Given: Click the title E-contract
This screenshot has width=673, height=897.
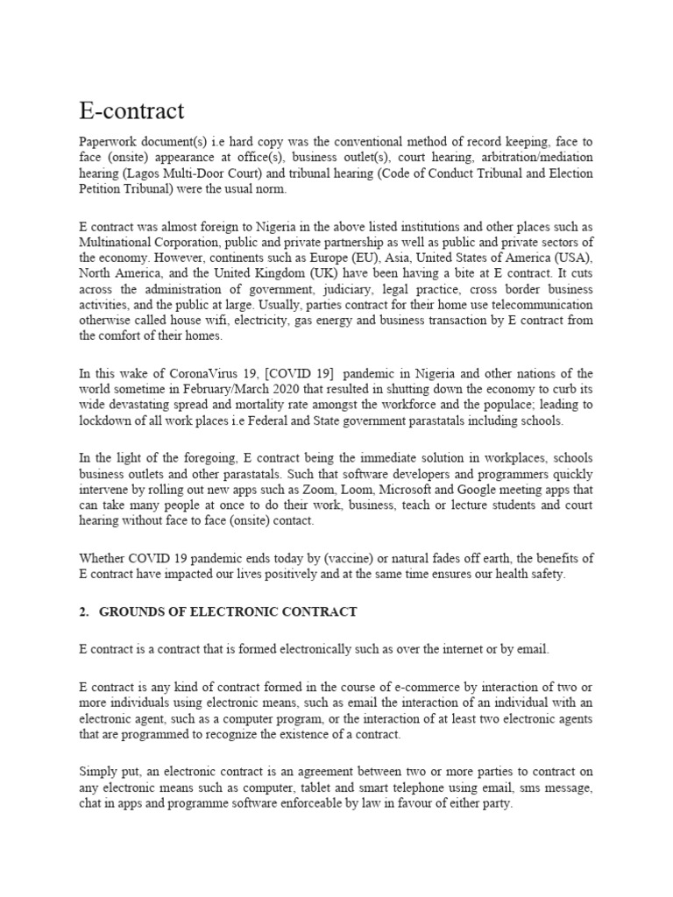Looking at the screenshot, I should point(131,111).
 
